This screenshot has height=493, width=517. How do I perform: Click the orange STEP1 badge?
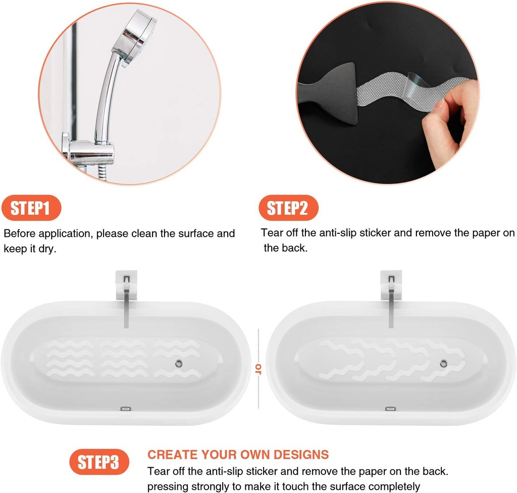(x=31, y=208)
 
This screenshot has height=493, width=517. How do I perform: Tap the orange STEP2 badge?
(x=288, y=208)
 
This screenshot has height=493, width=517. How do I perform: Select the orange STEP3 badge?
(x=99, y=462)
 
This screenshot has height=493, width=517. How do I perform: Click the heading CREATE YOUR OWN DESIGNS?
(x=238, y=454)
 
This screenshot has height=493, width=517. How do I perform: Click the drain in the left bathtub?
(x=178, y=363)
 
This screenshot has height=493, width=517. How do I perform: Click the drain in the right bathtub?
(x=443, y=363)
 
